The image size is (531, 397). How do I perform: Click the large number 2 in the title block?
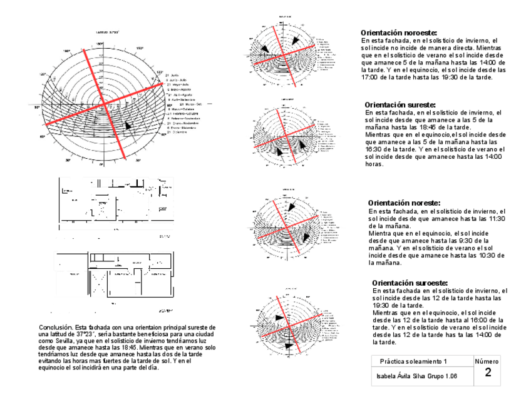coord(487,373)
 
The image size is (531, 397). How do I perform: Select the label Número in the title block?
coord(487,361)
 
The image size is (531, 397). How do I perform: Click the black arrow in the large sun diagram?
coord(128,124)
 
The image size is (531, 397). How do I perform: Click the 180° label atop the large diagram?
coord(100,44)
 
